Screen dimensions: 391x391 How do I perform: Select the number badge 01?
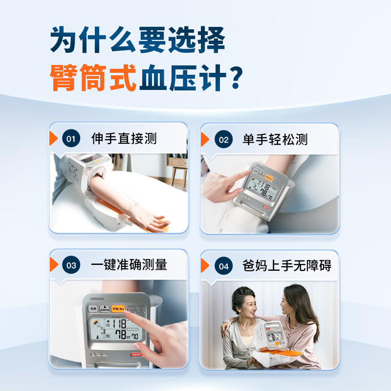[71, 139]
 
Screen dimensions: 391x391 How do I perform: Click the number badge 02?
[223, 140]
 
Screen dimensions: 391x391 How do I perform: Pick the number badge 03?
[71, 265]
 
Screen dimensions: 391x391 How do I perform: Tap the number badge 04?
[223, 266]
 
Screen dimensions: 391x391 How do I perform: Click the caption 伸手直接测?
[124, 138]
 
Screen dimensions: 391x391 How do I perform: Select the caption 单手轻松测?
[275, 139]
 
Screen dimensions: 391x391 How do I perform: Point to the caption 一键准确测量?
[129, 265]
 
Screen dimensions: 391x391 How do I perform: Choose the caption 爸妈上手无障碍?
[287, 266]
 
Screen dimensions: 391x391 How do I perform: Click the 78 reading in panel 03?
[118, 335]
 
